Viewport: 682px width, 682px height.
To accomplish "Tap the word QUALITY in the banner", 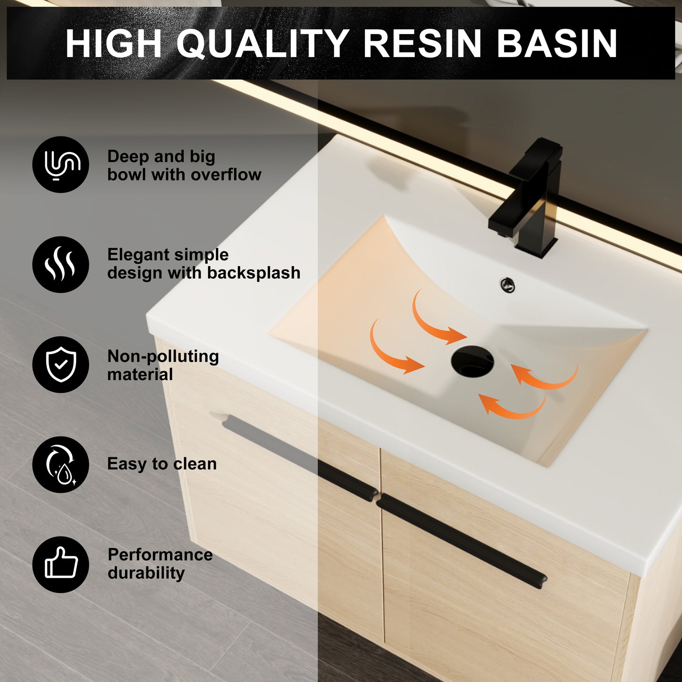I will click(263, 43).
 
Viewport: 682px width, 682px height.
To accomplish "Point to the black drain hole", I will click(472, 362).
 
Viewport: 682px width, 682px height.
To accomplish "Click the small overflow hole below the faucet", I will click(507, 285).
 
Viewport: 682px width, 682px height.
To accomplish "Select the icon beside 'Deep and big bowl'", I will click(60, 165).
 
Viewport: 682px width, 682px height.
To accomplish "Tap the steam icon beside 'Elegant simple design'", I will click(60, 264).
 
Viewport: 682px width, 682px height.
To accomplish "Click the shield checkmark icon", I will click(60, 364).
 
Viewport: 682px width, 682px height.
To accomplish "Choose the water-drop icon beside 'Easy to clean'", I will click(60, 464).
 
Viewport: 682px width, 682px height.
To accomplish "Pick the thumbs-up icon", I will click(60, 564).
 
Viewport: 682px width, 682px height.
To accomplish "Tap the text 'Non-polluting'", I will click(163, 356).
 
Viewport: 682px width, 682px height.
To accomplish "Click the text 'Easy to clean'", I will click(162, 464).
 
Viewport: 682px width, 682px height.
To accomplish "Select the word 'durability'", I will click(146, 573).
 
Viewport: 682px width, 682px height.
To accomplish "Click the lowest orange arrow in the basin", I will click(512, 407).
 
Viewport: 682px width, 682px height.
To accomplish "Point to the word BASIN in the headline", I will click(557, 43).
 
